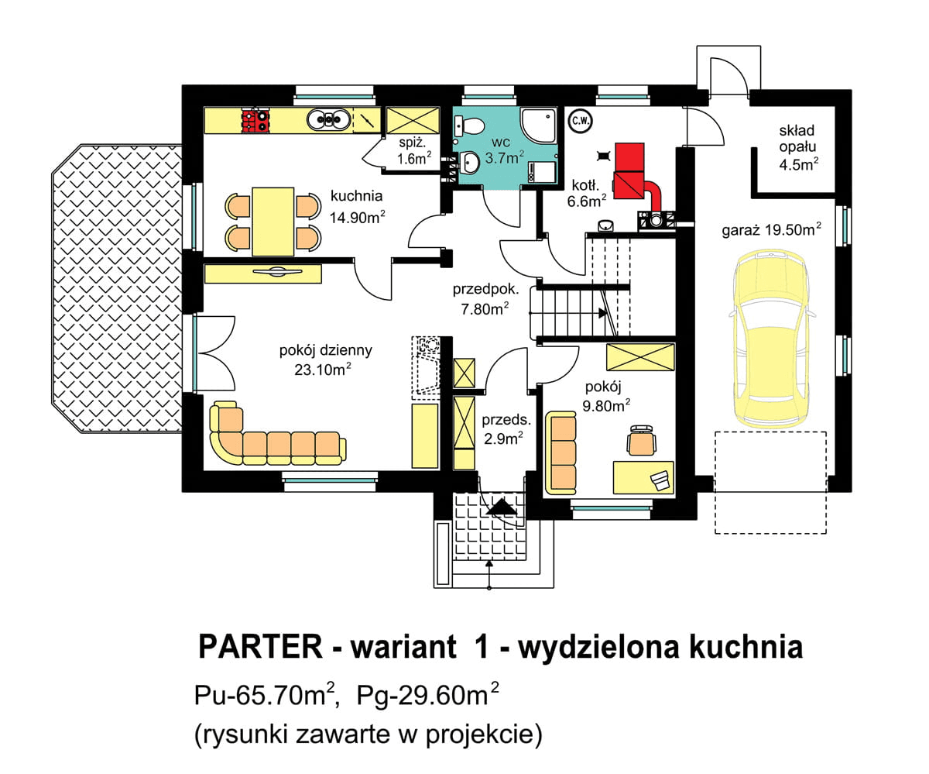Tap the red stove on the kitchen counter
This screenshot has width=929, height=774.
click(255, 120)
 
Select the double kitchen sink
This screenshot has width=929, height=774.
click(328, 119)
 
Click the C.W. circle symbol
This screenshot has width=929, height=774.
click(578, 120)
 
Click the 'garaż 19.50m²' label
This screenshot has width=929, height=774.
click(771, 229)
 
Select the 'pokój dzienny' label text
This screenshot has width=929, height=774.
click(325, 350)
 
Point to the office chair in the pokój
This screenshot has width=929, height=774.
click(642, 440)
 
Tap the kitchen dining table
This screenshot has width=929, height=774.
click(273, 221)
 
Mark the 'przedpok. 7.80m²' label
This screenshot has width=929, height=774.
click(485, 298)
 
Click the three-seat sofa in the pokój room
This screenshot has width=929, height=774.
click(561, 452)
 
